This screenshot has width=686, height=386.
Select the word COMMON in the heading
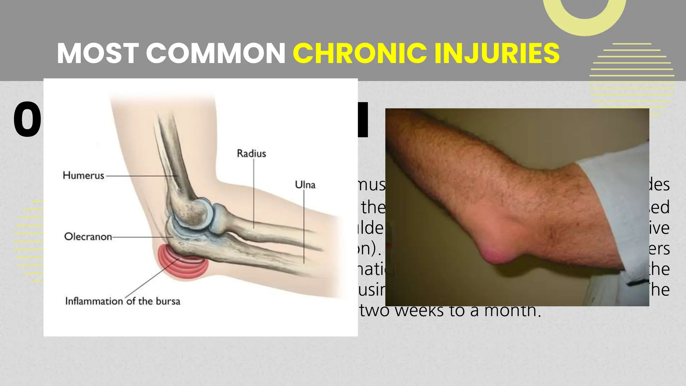(x=215, y=53)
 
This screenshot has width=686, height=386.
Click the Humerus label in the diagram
(x=83, y=175)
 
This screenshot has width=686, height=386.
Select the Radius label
(x=251, y=153)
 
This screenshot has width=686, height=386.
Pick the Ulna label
(x=305, y=185)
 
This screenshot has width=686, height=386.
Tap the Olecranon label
(x=88, y=237)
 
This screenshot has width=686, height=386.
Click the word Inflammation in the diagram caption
(x=94, y=301)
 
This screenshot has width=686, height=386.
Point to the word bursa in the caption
(x=168, y=301)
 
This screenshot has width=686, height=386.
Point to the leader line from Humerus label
(x=141, y=176)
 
